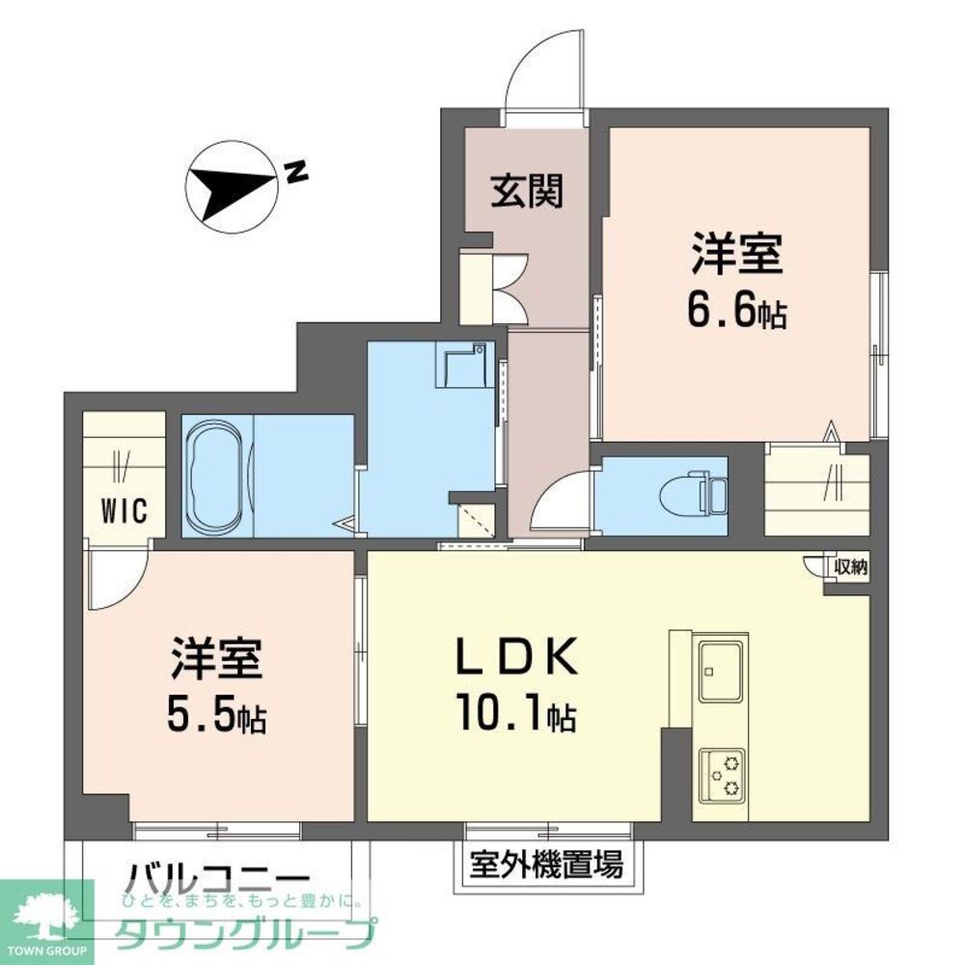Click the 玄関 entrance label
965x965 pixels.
(x=526, y=193)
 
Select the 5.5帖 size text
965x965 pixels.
(x=218, y=714)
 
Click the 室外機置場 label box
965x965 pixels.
(x=545, y=862)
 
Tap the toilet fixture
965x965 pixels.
(x=690, y=495)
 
